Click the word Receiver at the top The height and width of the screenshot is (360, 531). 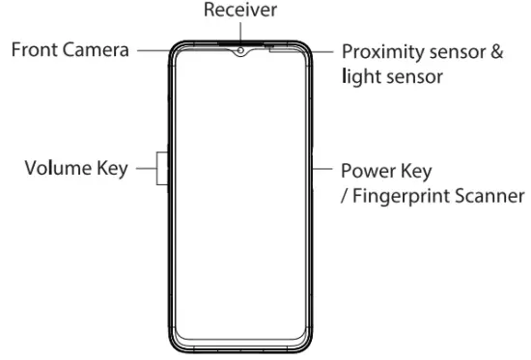pyautogui.click(x=239, y=11)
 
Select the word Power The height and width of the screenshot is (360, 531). pyautogui.click(x=367, y=173)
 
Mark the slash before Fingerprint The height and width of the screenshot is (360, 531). pyautogui.click(x=344, y=196)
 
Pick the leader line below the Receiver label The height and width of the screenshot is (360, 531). pyautogui.click(x=239, y=32)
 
